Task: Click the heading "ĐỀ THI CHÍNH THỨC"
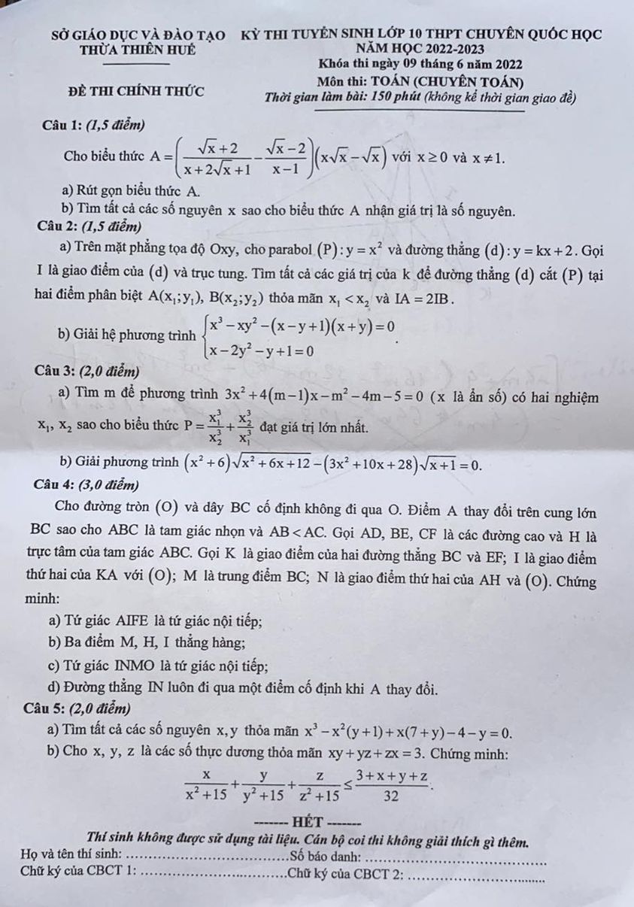(135, 92)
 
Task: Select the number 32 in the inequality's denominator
(390, 795)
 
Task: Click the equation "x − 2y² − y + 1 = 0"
(262, 350)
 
